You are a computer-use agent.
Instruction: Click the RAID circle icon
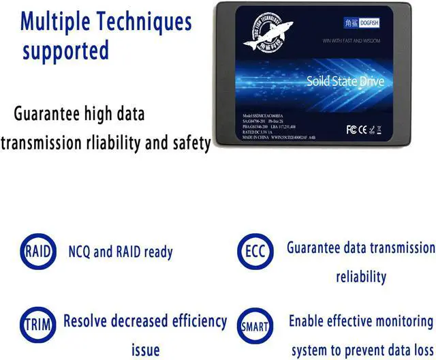[x=37, y=251]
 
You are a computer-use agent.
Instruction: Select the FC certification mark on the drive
[x=351, y=128]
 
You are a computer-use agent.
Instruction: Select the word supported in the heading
[x=66, y=51]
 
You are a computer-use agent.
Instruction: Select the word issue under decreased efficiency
[x=145, y=350]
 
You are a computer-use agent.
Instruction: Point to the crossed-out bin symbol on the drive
[x=379, y=128]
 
